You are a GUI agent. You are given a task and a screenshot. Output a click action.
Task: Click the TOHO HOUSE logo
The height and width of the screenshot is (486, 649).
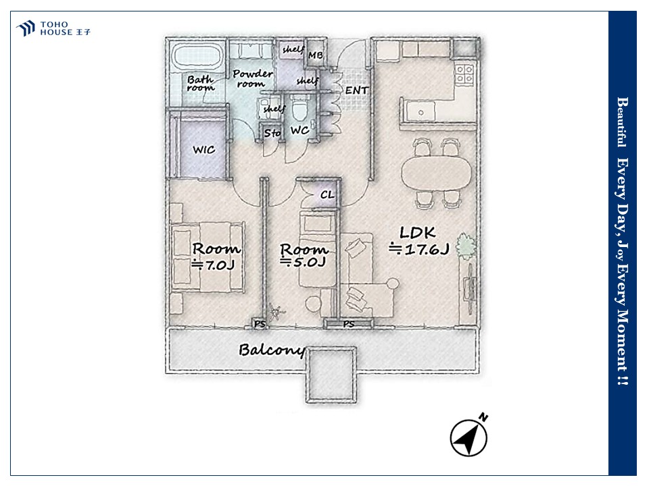click(53, 28)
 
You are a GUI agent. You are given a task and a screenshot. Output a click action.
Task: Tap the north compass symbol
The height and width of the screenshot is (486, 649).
click(469, 435)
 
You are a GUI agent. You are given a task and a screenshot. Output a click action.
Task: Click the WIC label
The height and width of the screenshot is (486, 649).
click(203, 149)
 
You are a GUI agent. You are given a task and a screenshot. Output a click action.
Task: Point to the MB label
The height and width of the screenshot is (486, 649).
click(316, 55)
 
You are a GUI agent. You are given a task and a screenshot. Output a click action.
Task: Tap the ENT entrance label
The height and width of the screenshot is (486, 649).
click(357, 90)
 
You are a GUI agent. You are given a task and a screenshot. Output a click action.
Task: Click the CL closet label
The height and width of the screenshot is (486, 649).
click(327, 194)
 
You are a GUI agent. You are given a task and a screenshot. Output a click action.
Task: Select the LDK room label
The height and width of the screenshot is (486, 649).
click(417, 232)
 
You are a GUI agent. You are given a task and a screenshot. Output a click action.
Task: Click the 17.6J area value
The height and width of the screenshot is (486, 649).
click(419, 249)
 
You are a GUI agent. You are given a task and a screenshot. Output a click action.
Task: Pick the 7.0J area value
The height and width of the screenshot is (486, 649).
click(214, 265)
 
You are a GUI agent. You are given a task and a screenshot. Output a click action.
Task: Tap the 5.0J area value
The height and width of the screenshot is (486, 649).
click(303, 262)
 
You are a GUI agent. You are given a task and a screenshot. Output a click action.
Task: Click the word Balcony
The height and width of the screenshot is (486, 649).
click(272, 350)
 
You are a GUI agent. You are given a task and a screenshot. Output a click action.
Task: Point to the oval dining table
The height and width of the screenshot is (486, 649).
click(436, 172)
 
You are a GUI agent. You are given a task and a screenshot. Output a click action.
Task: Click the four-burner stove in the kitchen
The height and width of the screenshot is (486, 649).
click(464, 74)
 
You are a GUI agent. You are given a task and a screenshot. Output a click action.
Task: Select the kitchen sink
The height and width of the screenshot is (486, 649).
click(420, 111)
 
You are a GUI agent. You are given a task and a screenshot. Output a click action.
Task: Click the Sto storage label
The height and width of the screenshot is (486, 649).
click(272, 133)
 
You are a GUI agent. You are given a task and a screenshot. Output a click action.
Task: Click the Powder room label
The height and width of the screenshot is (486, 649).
click(252, 78)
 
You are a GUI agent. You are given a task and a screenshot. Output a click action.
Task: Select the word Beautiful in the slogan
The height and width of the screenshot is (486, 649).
click(622, 122)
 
